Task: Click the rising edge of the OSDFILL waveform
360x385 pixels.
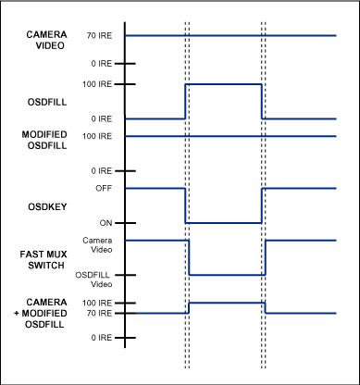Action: [x=186, y=101]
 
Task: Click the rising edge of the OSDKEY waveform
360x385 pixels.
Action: [x=263, y=205]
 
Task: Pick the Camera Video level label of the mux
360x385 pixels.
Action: [x=99, y=242]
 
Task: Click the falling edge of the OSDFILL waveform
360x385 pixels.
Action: [x=263, y=101]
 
